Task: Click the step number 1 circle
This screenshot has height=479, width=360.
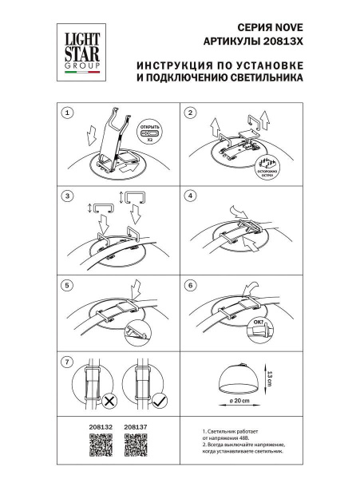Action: point(69,113)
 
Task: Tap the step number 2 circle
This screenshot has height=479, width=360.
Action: point(190,113)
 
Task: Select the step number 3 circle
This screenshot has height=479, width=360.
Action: point(69,196)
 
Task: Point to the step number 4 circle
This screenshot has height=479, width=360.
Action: point(190,196)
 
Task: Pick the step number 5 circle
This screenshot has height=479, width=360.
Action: point(69,284)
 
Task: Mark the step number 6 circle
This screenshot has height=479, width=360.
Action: point(190,284)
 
